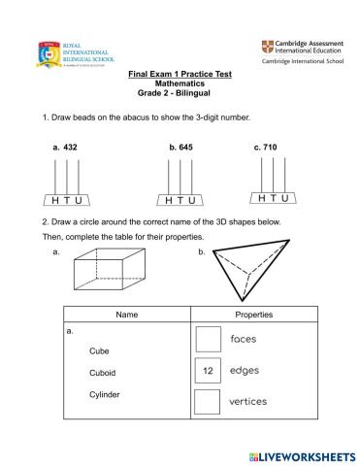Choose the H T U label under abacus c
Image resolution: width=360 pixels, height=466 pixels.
pyautogui.click(x=274, y=197)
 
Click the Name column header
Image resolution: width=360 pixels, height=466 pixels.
pyautogui.click(x=127, y=315)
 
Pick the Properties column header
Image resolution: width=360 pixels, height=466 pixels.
pyautogui.click(x=254, y=315)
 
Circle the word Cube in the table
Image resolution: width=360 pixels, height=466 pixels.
pyautogui.click(x=99, y=350)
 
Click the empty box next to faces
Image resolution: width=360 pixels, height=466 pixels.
pyautogui.click(x=208, y=339)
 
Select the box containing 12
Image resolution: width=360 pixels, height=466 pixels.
pyautogui.click(x=208, y=371)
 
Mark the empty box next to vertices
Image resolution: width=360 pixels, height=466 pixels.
pyautogui.click(x=208, y=401)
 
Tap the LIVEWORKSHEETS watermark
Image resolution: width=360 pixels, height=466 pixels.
pyautogui.click(x=304, y=454)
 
